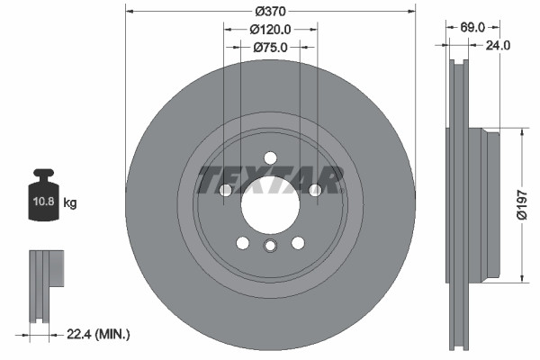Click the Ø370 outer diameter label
(x=270, y=12)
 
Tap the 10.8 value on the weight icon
(x=44, y=202)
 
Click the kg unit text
(x=69, y=203)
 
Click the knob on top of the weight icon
(x=44, y=173)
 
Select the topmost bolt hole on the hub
(x=269, y=158)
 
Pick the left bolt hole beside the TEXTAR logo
(x=225, y=190)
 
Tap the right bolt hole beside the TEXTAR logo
(x=314, y=190)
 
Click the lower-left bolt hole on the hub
(x=242, y=241)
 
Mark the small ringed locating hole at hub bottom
(x=269, y=247)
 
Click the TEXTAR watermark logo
(x=269, y=180)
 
